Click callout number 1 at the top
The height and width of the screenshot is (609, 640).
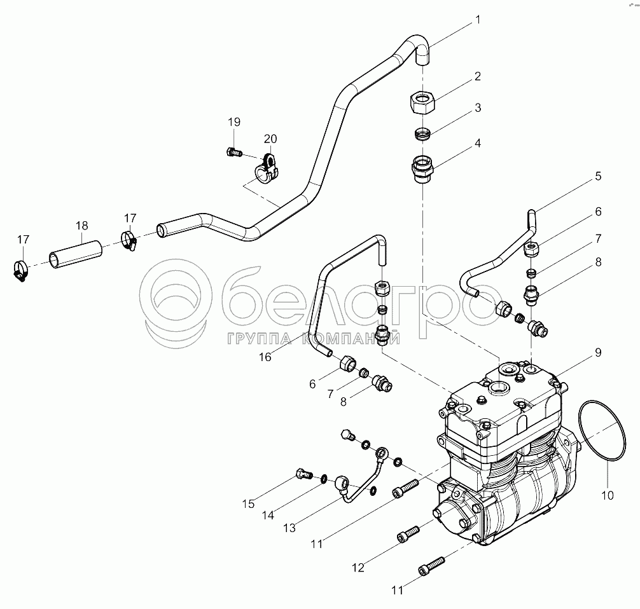click(x=478, y=20)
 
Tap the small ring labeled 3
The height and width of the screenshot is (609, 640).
click(x=422, y=133)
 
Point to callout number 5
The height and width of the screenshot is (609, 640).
click(x=598, y=176)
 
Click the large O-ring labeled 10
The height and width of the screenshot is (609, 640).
click(x=602, y=430)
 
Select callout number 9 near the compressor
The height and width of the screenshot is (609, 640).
click(x=598, y=352)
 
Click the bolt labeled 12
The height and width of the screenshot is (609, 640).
click(x=408, y=533)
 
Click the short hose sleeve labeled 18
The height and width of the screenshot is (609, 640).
click(x=76, y=254)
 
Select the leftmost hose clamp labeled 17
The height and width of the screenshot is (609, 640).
click(x=20, y=270)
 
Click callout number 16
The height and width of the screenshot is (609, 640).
click(x=265, y=357)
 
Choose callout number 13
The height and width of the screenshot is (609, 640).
click(x=289, y=528)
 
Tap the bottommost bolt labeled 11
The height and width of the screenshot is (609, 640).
click(x=431, y=566)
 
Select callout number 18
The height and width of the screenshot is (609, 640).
click(x=82, y=226)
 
